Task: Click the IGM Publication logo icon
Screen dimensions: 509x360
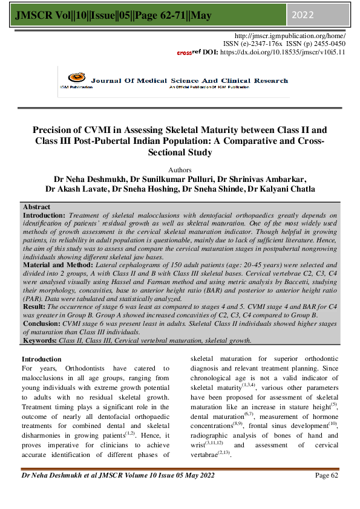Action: [x=74, y=78]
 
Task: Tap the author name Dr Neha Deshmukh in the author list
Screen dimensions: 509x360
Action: [x=83, y=179]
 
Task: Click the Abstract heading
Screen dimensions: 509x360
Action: [x=36, y=207]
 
